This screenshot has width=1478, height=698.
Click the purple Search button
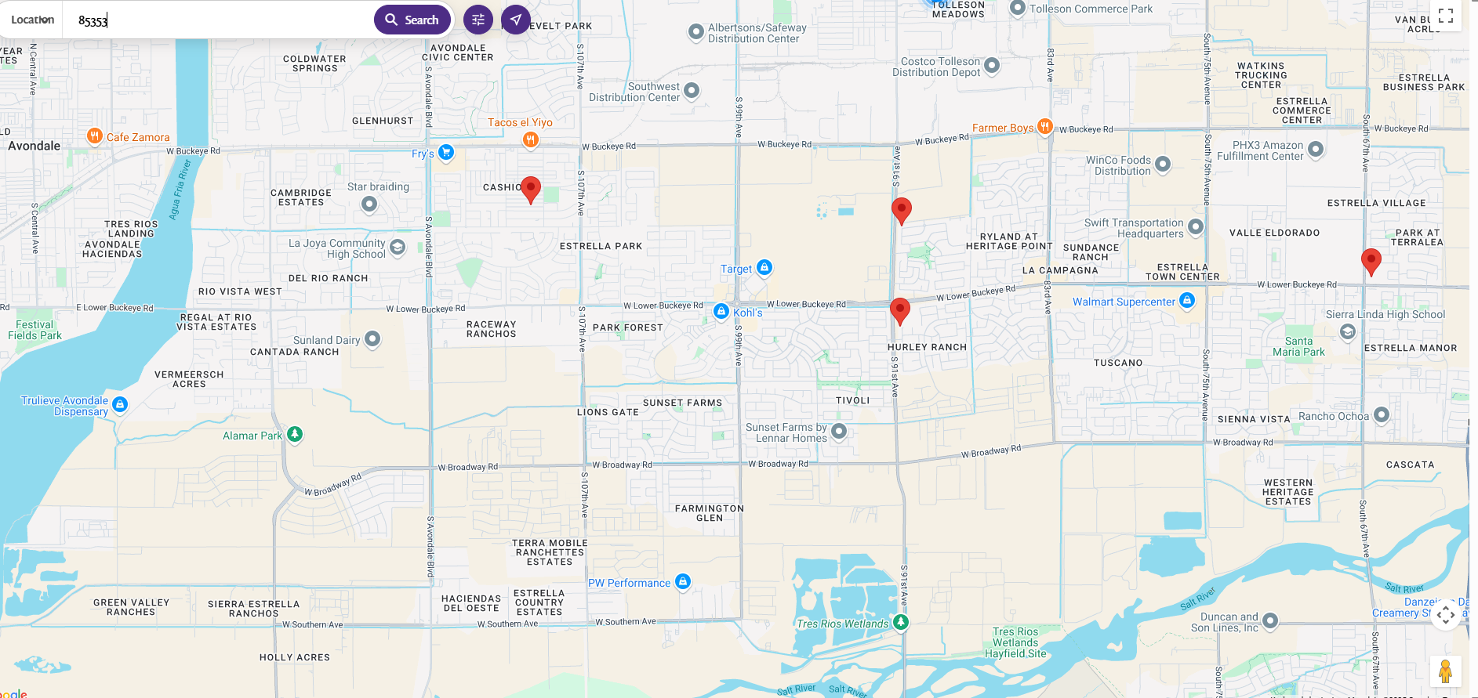coord(412,20)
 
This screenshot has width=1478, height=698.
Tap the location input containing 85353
coord(220,20)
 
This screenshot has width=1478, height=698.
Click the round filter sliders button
coord(478,20)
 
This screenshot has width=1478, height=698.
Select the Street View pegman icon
coord(1445,671)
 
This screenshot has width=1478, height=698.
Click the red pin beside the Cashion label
coord(531,189)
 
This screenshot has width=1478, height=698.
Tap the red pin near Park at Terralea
coord(1371,261)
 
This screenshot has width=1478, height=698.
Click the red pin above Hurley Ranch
coord(899,310)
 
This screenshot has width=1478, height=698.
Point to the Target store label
coord(735,269)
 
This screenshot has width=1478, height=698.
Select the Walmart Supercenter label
coord(1123,302)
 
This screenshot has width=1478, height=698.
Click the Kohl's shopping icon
coord(721,312)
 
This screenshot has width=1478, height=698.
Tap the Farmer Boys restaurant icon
coord(1044,126)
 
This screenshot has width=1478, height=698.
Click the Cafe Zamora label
coord(137,137)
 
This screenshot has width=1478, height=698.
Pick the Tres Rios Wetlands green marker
coord(901,622)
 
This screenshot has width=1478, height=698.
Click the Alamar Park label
coord(252,436)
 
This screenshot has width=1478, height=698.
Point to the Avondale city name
coord(34,146)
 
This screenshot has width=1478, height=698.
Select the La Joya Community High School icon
coord(398,248)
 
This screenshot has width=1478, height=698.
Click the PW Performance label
coord(629,583)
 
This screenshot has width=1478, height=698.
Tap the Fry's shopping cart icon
coord(446,152)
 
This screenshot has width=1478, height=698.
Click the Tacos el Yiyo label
coord(520,122)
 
